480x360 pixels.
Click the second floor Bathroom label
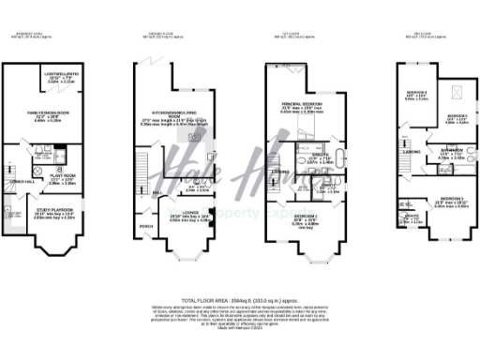441,150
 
